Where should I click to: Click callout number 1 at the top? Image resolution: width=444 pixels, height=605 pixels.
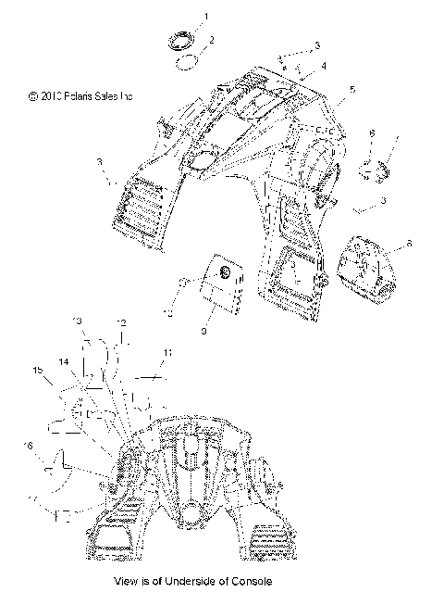point(206,17)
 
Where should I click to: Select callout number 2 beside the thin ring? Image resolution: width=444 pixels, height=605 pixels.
point(212,40)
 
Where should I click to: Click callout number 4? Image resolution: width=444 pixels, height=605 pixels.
point(325,67)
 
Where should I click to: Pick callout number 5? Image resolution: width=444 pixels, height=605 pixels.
point(351,92)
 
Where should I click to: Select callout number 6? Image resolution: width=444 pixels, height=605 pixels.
point(372,133)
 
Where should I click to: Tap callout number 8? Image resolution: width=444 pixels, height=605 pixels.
point(410,245)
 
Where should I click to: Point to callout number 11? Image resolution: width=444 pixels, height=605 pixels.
point(167,352)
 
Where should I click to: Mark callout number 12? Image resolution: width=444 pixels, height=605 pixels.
point(120,321)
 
